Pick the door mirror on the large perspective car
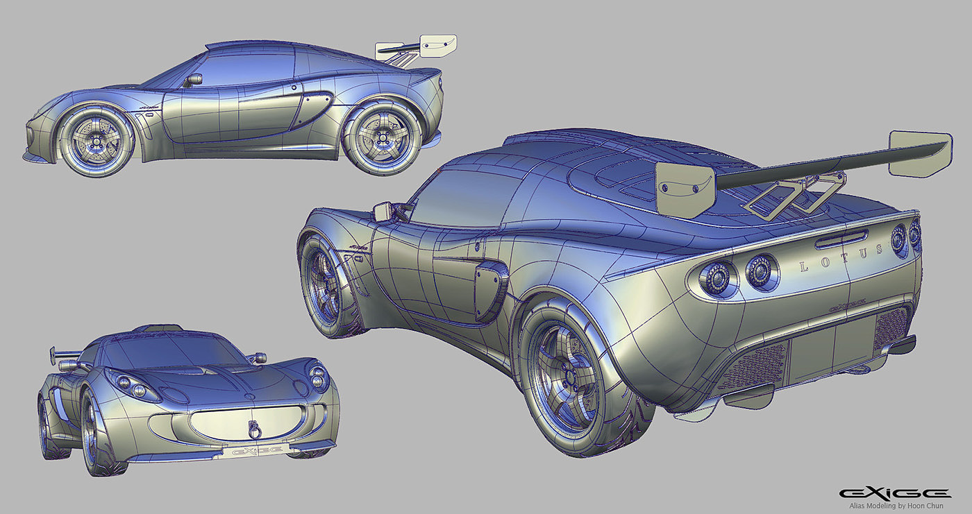click(383, 210)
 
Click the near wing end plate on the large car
click(686, 187)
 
